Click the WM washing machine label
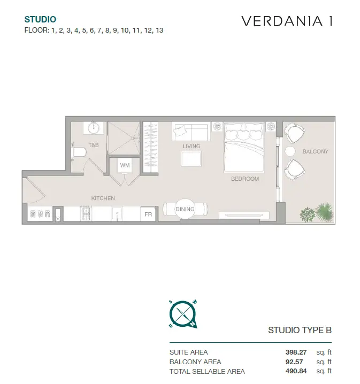(125, 165)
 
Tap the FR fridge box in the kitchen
(148, 214)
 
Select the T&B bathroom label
(94, 145)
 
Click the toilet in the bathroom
(79, 152)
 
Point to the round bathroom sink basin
(93, 128)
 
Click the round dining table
(185, 209)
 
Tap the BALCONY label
(315, 151)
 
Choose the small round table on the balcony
(290, 151)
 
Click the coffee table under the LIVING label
(192, 159)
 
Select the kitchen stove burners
(86, 213)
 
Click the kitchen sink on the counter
(117, 214)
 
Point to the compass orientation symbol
(183, 314)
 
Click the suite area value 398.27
(296, 352)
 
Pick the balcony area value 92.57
(294, 362)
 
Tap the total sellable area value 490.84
(296, 371)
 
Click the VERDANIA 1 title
(287, 21)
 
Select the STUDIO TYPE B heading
(300, 330)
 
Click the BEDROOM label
(245, 179)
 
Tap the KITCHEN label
(103, 198)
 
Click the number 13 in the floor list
(159, 30)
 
